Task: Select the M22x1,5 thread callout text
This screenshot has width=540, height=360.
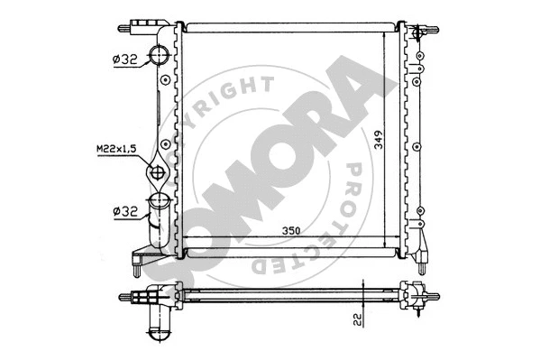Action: click(x=114, y=149)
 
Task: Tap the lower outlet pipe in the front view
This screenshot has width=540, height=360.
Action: click(x=159, y=217)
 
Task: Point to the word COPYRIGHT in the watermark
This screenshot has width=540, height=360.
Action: click(x=216, y=113)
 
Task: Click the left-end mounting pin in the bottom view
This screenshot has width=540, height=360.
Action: click(x=128, y=295)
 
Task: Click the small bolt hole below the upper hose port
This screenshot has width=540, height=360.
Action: click(x=166, y=78)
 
